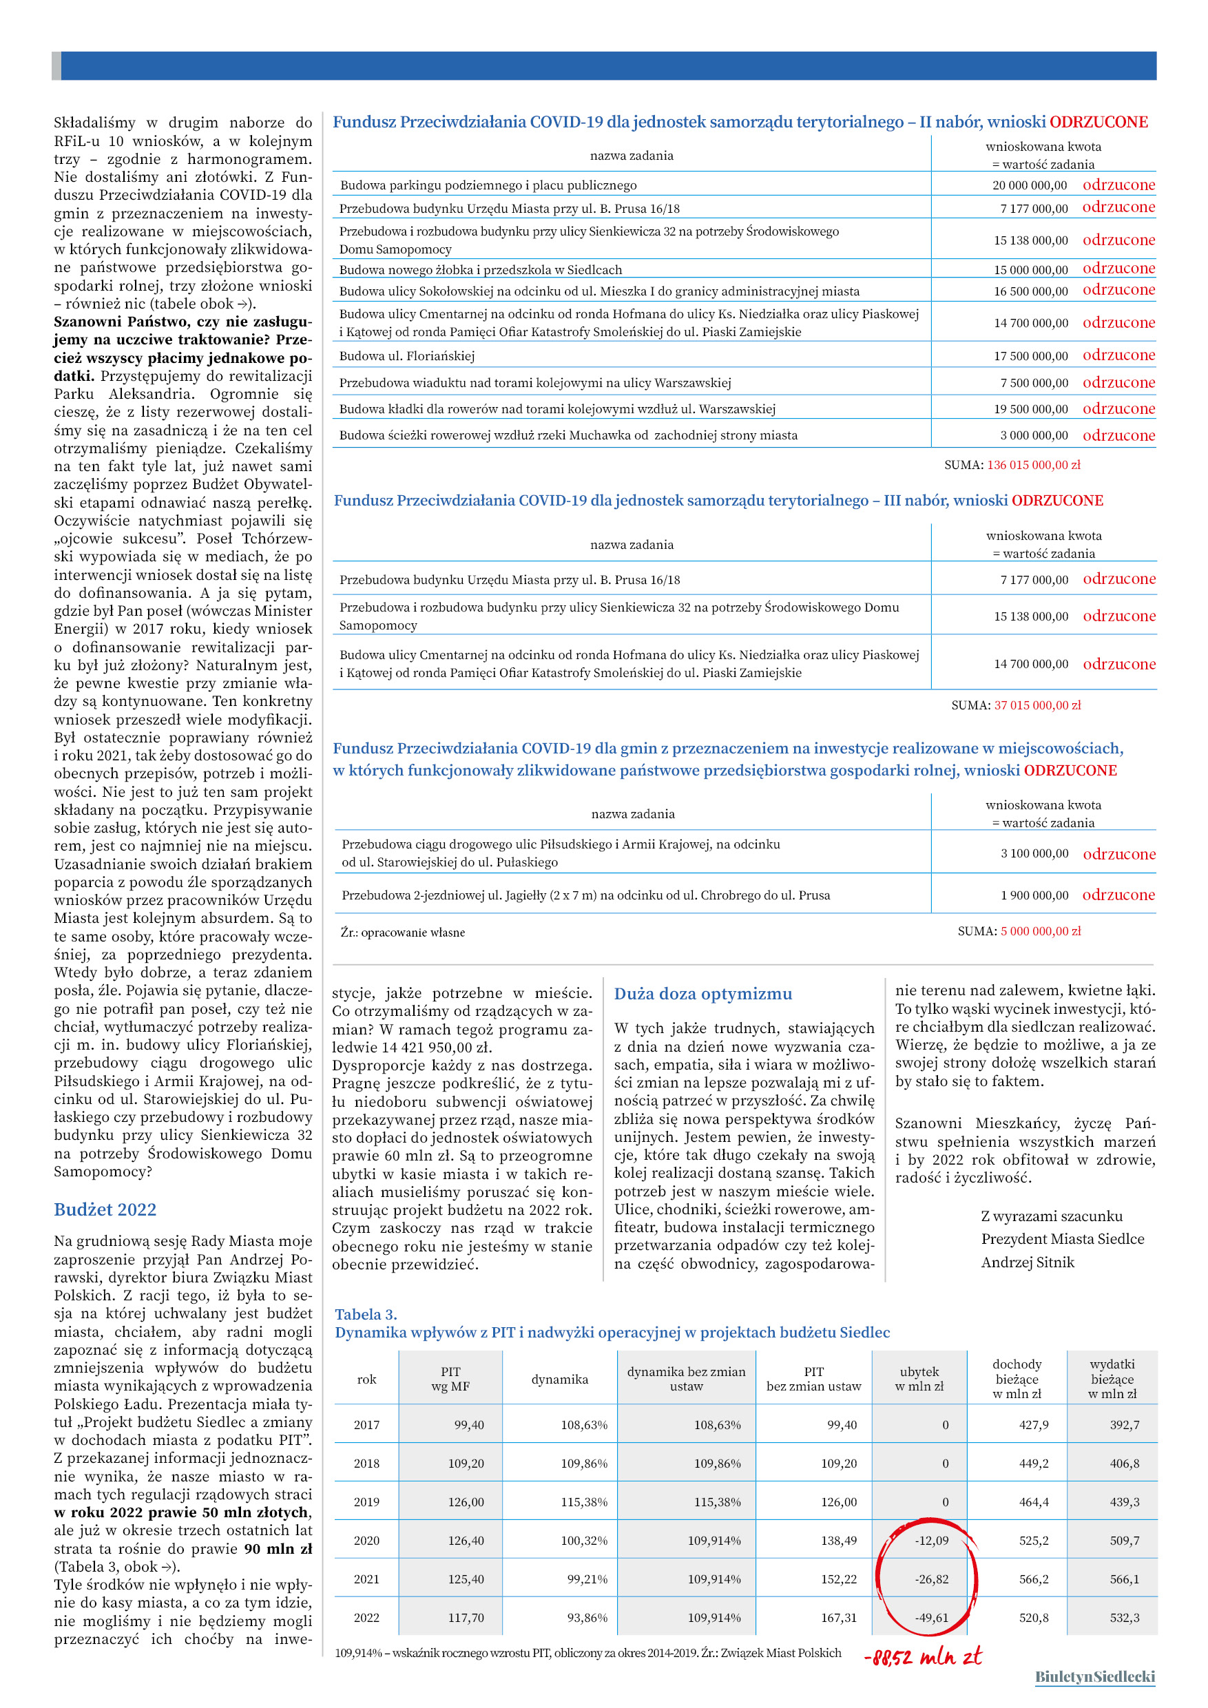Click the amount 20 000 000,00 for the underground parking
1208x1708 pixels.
click(x=1029, y=185)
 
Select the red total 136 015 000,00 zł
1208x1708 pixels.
click(x=1033, y=465)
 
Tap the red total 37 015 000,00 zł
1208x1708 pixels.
click(x=1037, y=705)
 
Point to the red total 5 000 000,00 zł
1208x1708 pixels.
click(x=1040, y=930)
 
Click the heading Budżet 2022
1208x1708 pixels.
click(x=105, y=1209)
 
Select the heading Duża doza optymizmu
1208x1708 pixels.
click(x=703, y=994)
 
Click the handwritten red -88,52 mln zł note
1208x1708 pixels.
click(x=922, y=1656)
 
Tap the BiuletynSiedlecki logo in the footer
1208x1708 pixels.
click(x=1094, y=1677)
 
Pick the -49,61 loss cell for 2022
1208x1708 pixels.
click(x=931, y=1618)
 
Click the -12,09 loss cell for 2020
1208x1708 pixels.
click(x=931, y=1541)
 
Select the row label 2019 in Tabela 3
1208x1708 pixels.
click(x=366, y=1502)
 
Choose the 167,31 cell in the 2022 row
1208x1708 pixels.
click(x=838, y=1618)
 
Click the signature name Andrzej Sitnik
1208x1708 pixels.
click(x=1028, y=1262)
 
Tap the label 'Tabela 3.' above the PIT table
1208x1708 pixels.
click(x=365, y=1315)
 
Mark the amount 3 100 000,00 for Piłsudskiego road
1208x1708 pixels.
click(x=1034, y=853)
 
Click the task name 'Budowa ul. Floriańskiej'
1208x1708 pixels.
click(x=407, y=356)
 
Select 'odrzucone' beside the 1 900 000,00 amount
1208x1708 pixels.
click(x=1118, y=895)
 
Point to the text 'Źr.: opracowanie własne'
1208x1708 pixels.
click(x=402, y=932)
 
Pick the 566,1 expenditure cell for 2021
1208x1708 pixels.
click(x=1124, y=1579)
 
